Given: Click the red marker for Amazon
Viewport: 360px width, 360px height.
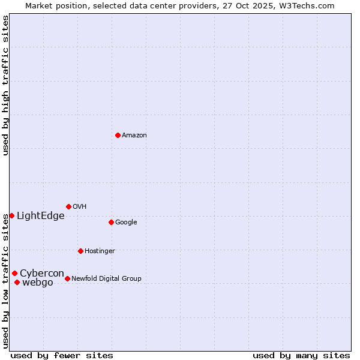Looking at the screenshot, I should click(118, 135).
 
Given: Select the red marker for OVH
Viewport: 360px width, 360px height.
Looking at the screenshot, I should click(68, 206).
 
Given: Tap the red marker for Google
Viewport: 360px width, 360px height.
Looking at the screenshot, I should click(111, 222).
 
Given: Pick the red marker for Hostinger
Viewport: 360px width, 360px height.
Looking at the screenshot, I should click(80, 251).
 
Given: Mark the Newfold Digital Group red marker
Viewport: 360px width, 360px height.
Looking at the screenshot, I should click(67, 278).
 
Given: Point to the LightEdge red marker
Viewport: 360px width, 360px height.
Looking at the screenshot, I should click(11, 215).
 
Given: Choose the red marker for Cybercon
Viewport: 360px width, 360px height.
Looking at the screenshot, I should click(14, 273).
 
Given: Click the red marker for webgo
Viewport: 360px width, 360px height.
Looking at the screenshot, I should click(17, 282).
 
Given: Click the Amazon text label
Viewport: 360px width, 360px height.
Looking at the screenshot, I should click(134, 136).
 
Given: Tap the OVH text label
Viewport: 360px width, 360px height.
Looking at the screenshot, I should click(80, 207).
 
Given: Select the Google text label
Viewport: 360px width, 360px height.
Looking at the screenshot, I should click(126, 223).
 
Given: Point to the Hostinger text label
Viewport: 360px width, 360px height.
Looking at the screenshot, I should click(100, 251).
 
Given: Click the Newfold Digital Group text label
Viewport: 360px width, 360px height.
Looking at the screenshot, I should click(107, 279).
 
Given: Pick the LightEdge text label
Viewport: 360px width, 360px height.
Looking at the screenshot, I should click(41, 216).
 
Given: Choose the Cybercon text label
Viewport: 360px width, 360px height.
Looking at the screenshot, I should click(42, 274).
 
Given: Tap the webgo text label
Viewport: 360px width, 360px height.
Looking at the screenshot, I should click(38, 283).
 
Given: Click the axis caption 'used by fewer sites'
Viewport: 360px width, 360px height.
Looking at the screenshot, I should click(62, 355).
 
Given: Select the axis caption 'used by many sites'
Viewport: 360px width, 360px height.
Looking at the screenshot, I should click(301, 355).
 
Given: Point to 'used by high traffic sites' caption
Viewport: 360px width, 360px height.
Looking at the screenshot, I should click(5, 85).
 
